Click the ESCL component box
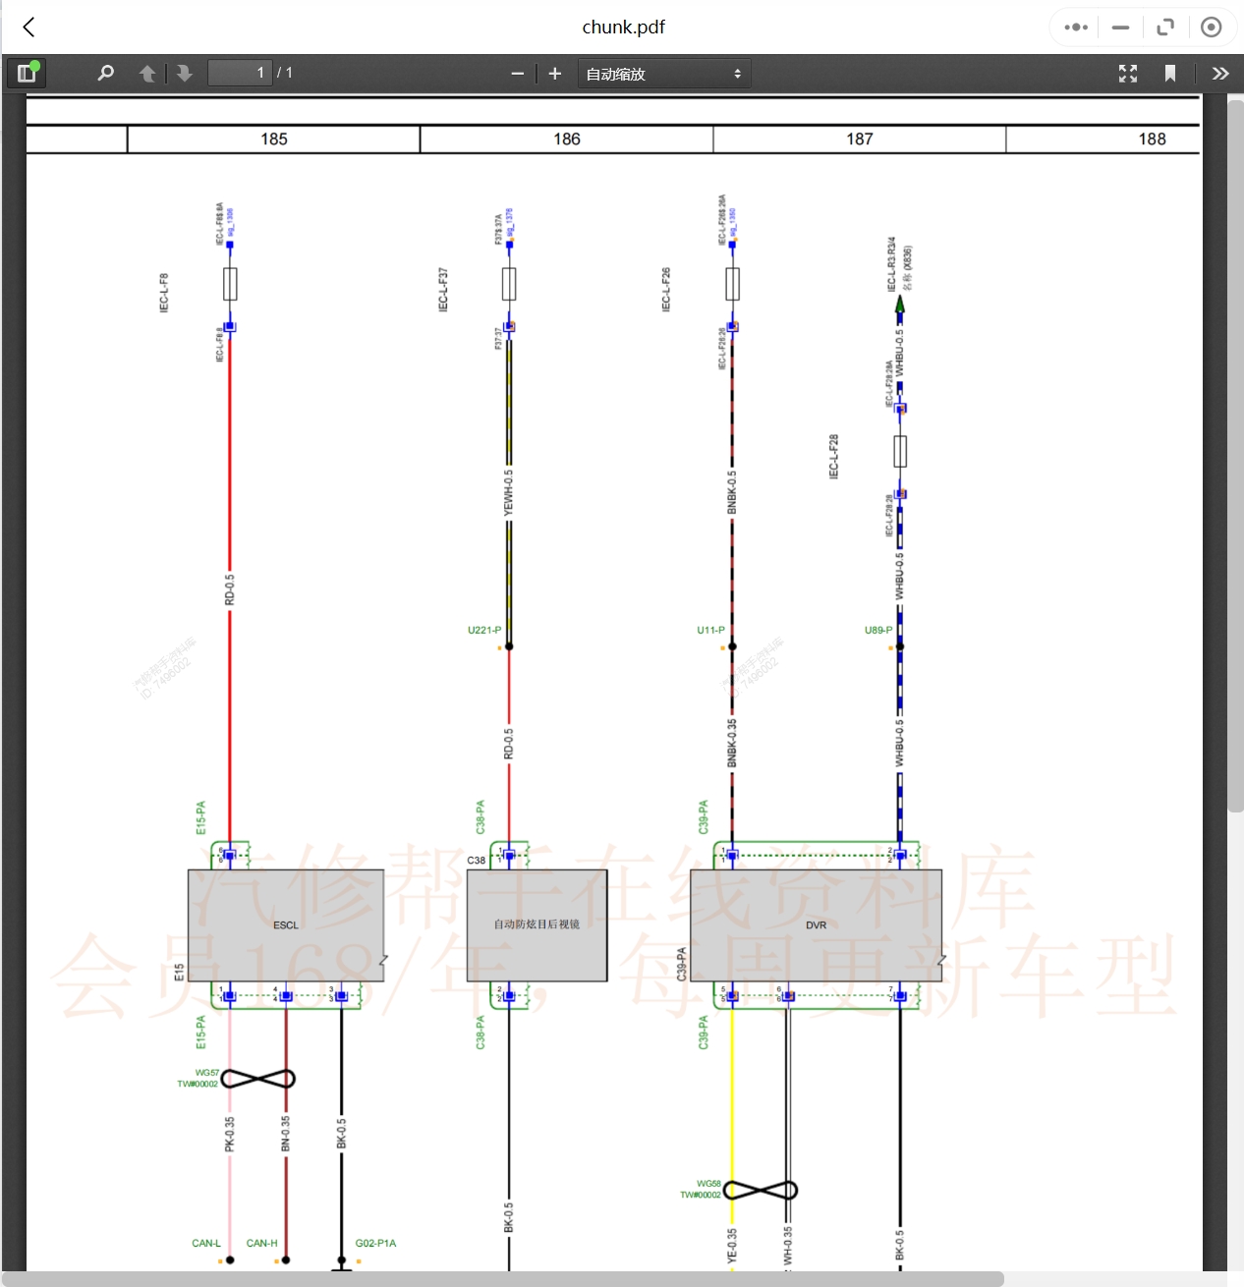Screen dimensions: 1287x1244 pos(285,924)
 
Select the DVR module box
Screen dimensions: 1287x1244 pos(816,924)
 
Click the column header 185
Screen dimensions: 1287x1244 pos(274,140)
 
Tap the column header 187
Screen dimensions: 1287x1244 pos(860,140)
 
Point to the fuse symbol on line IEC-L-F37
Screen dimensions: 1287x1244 pos(509,284)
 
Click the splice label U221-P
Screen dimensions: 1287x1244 pos(484,630)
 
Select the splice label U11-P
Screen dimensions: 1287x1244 pos(710,630)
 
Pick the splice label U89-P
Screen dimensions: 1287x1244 pos(878,630)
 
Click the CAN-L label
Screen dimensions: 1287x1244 pos(206,1243)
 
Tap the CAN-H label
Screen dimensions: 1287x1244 pos(261,1243)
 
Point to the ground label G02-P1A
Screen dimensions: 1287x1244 pos(375,1243)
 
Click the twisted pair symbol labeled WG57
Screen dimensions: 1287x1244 pos(258,1079)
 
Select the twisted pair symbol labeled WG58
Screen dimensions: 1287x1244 pos(761,1191)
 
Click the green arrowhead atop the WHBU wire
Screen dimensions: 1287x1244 pos(899,305)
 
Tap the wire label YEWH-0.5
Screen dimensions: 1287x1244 pos(508,492)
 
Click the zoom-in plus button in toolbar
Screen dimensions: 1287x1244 pos(554,74)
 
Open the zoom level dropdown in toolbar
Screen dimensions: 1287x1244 pos(664,74)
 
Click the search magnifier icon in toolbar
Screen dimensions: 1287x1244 pos(106,74)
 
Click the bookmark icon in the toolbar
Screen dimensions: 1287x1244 pos(1169,74)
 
